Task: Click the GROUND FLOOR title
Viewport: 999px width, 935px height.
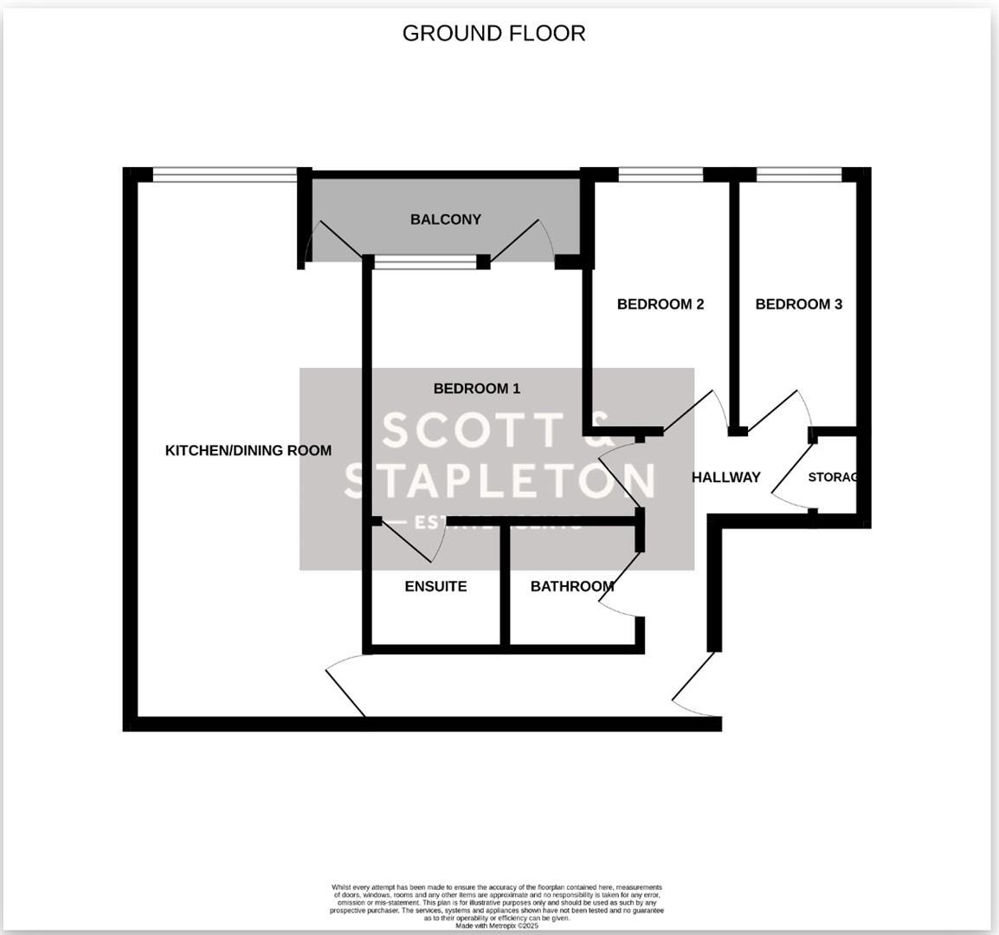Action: click(493, 33)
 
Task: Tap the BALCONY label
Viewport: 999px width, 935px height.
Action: click(445, 219)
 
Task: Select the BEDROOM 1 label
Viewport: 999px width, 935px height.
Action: click(476, 389)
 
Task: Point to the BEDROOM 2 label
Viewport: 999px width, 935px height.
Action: click(660, 304)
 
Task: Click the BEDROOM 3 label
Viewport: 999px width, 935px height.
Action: click(798, 304)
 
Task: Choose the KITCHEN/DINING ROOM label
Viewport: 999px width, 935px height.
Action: click(248, 450)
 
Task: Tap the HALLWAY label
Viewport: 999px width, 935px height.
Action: click(725, 477)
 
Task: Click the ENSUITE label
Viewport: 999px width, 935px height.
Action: click(435, 586)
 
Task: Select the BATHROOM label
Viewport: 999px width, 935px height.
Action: click(572, 586)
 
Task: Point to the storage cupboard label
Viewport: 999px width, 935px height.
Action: click(832, 477)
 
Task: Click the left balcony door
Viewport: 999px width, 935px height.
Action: click(333, 238)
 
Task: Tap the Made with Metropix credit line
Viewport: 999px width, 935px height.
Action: click(497, 925)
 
